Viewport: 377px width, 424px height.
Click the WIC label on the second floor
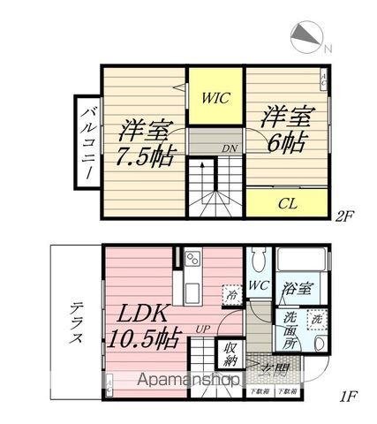[215, 98]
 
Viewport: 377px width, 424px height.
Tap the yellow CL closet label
[286, 204]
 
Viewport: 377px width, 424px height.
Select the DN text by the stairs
[228, 148]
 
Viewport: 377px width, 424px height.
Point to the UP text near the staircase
[202, 329]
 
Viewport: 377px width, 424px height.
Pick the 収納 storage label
[231, 352]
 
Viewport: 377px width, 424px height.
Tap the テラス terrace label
[76, 323]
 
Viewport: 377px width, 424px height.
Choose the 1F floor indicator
[348, 396]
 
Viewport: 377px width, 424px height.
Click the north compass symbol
[305, 36]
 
